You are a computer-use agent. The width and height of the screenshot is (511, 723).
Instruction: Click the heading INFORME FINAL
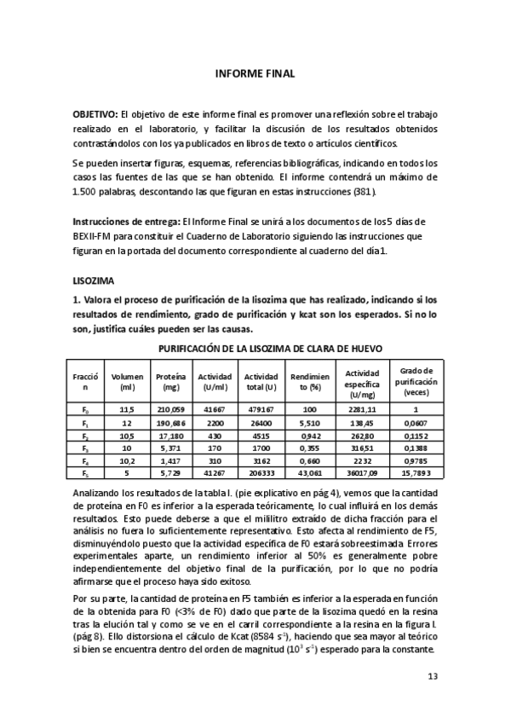[x=255, y=74]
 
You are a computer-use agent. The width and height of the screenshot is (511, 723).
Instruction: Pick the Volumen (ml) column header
[x=127, y=381]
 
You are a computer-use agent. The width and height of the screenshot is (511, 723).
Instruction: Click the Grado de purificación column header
[x=416, y=381]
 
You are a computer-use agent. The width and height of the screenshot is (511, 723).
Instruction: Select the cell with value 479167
[x=261, y=409]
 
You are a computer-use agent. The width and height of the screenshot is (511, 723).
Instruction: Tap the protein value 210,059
[x=170, y=409]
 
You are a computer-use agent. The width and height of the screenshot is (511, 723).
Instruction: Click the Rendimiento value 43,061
[x=304, y=472]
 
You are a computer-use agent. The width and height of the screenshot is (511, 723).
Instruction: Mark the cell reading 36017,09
[x=363, y=472]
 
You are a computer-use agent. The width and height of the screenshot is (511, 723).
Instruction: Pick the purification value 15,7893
[x=416, y=472]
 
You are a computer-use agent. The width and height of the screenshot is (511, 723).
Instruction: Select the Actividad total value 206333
[x=261, y=472]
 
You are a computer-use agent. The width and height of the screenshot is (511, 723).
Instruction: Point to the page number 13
[x=433, y=676]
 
